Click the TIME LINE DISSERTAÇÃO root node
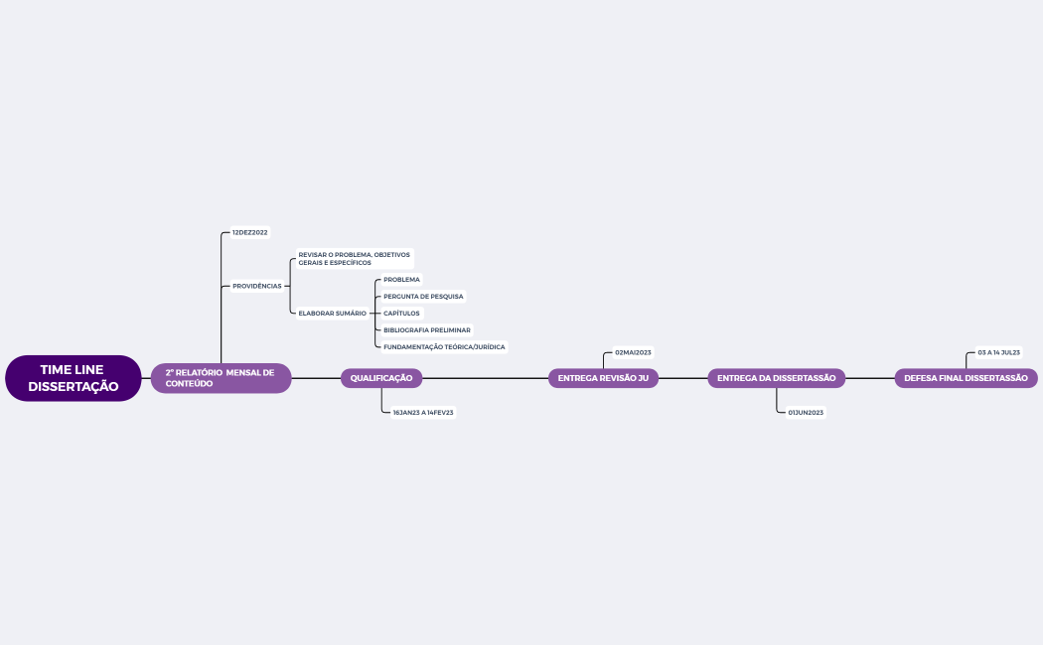(x=73, y=378)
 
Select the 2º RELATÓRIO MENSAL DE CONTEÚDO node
(x=221, y=378)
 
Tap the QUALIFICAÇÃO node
(x=381, y=378)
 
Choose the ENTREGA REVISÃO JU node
(x=603, y=378)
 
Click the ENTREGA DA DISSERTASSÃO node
(x=776, y=378)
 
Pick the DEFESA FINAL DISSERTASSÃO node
(x=966, y=378)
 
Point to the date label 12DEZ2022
(x=249, y=232)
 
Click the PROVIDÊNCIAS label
(x=256, y=286)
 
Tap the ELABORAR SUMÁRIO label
(x=332, y=313)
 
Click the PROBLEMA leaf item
(x=401, y=280)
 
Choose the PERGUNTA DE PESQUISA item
(x=423, y=296)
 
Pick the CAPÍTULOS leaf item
(x=401, y=313)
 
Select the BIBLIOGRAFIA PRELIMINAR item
(x=427, y=329)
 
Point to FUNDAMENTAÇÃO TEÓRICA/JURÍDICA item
(x=444, y=346)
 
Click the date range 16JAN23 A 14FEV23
(x=423, y=412)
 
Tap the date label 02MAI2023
(x=633, y=352)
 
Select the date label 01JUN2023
(x=806, y=412)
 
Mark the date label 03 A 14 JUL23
(x=998, y=352)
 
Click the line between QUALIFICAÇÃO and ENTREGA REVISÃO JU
(x=486, y=378)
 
